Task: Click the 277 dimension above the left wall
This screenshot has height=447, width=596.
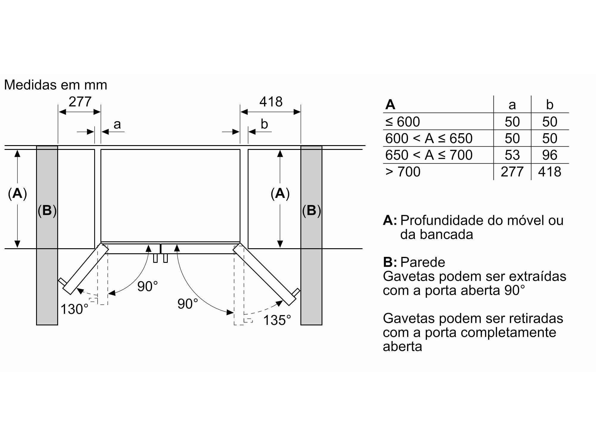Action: coord(80,102)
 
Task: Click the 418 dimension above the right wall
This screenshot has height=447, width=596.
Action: coord(271,102)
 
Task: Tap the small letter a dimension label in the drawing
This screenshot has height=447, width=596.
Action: coord(117,124)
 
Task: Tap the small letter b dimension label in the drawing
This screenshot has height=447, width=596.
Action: coord(264,124)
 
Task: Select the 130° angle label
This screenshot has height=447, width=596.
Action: coord(74,309)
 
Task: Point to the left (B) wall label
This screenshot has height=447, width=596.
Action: coord(47,211)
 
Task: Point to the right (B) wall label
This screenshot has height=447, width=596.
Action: coord(311,211)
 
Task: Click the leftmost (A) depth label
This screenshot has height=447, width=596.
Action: coord(17,194)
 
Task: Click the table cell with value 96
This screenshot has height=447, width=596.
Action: coord(550,155)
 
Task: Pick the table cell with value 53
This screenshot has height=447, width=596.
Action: coord(512,155)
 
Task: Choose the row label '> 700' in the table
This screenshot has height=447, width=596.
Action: coord(403,172)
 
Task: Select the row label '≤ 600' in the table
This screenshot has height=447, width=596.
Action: coord(403,122)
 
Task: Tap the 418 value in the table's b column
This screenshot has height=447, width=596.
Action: coord(550,172)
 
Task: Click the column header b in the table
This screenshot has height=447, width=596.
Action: coord(550,105)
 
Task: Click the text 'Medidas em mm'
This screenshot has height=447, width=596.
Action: coord(55,85)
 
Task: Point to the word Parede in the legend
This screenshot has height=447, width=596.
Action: coord(423,262)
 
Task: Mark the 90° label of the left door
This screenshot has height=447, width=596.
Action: coord(147,286)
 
